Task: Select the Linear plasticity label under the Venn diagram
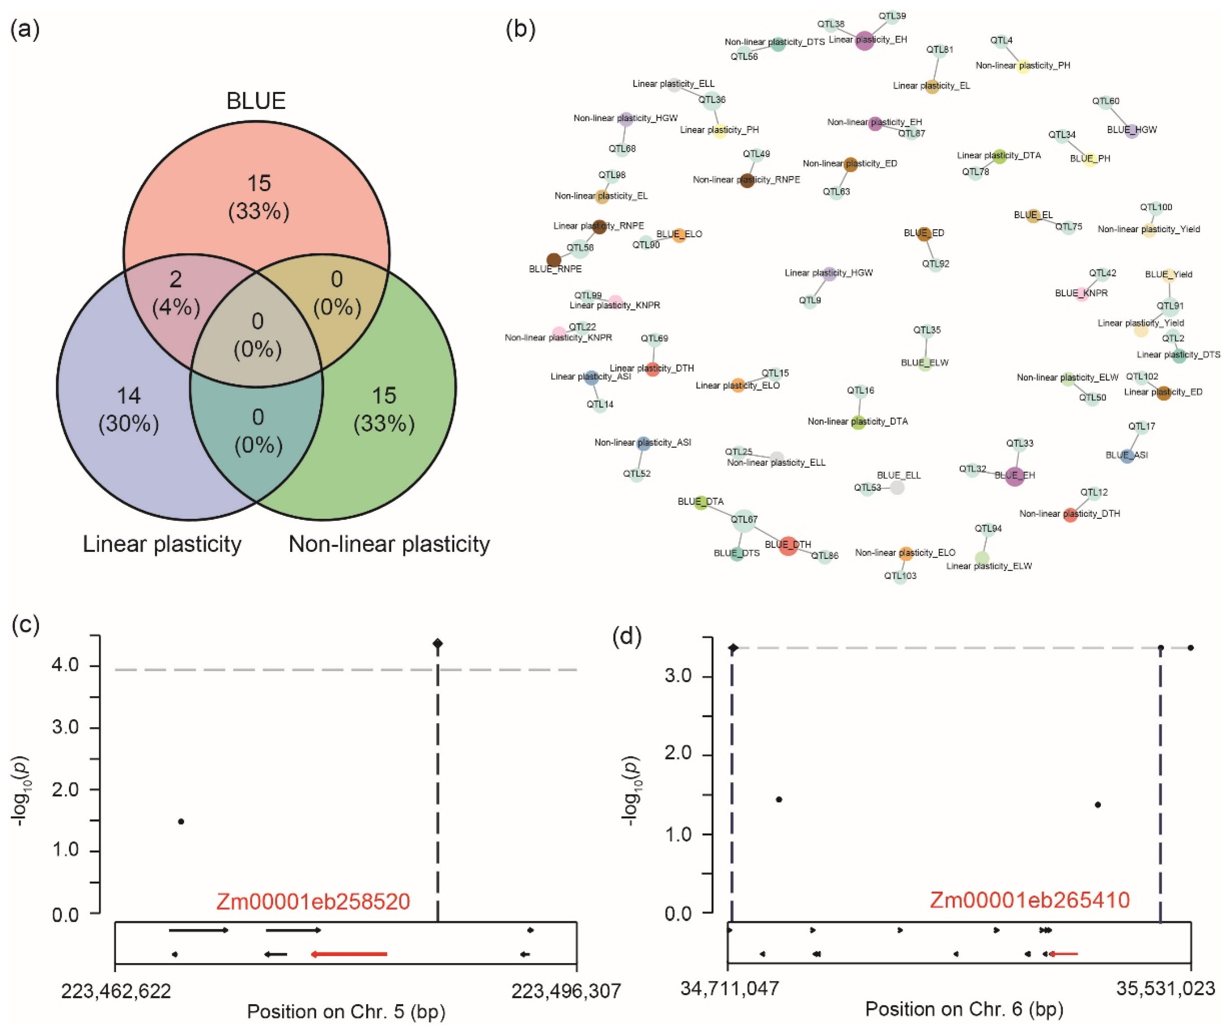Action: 162,544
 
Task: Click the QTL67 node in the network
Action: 744,520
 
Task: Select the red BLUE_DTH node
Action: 788,545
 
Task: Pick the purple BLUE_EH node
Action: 1015,476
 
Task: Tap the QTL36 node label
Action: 712,100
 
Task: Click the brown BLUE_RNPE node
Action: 554,260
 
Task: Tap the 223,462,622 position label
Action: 116,991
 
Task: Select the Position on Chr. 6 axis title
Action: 964,1009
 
